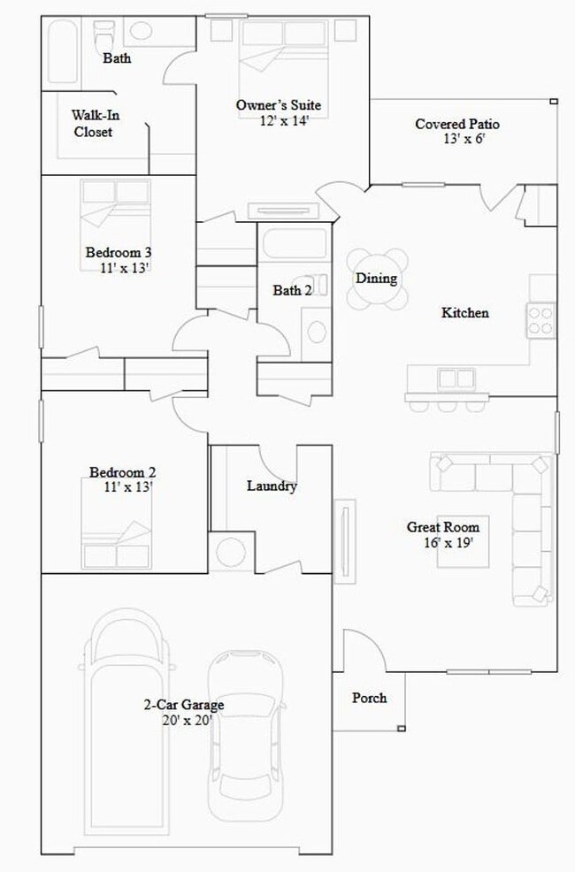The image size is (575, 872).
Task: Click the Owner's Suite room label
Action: [x=278, y=106]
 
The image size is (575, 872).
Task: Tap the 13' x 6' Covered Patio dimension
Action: [x=464, y=139]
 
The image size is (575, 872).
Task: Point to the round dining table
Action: [x=378, y=279]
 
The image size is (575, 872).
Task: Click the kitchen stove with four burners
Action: [x=540, y=319]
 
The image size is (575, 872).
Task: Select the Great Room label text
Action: [x=442, y=527]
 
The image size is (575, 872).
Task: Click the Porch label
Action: [x=369, y=698]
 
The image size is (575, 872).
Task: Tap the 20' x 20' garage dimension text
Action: [x=183, y=721]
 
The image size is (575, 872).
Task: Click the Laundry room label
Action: [x=271, y=486]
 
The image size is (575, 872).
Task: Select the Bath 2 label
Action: [x=292, y=290]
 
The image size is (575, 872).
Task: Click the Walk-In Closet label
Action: [x=93, y=123]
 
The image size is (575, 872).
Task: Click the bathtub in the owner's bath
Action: [x=62, y=53]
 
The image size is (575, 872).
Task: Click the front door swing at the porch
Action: [x=363, y=650]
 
